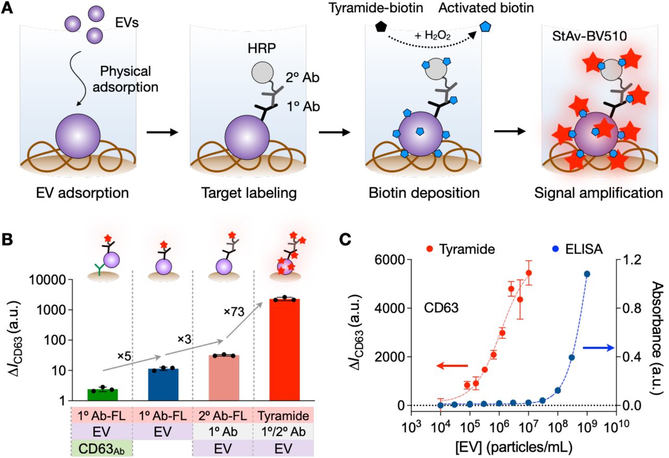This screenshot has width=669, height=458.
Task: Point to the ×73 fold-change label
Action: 234,312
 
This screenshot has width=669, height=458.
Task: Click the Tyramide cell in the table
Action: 284,416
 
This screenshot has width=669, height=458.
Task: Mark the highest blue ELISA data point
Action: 587,274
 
